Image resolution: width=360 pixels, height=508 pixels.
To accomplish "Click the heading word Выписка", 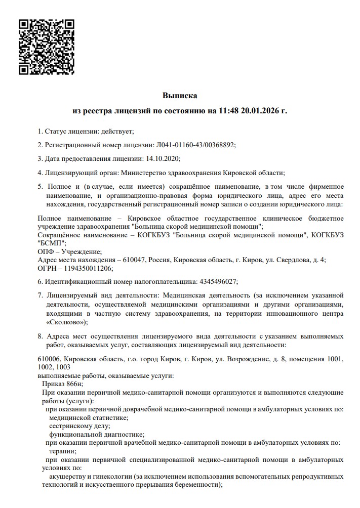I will click(x=179, y=95).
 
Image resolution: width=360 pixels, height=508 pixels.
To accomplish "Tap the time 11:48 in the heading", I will click(x=228, y=110).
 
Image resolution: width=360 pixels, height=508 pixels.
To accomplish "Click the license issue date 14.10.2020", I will click(x=163, y=158).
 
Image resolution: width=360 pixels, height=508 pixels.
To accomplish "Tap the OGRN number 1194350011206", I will click(x=86, y=268).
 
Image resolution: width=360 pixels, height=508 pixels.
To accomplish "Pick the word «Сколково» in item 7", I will click(x=64, y=322).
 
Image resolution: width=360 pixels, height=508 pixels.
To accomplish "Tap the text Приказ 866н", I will click(x=62, y=384).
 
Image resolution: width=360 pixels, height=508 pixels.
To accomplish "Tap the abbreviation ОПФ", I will click(x=46, y=251).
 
